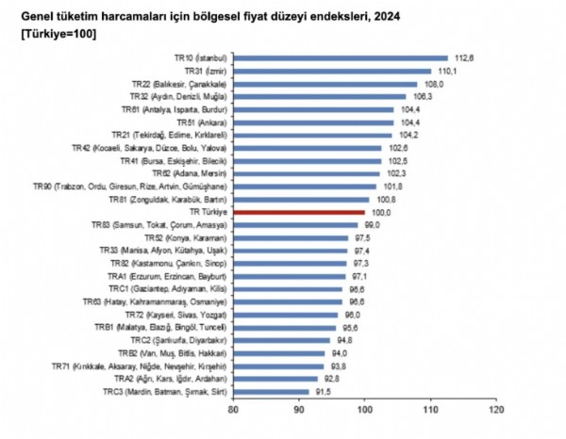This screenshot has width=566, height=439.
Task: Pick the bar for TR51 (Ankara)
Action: coord(312,122)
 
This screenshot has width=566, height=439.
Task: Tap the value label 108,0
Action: coord(435,84)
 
